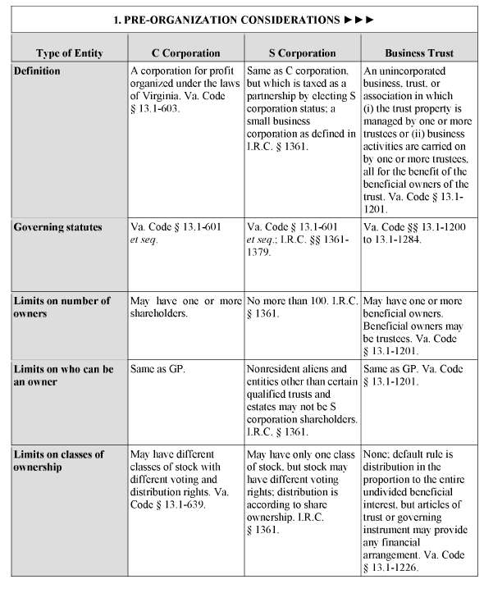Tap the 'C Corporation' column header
185,53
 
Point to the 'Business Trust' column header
418,53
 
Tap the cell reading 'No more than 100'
302,307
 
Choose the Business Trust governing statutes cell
418,233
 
